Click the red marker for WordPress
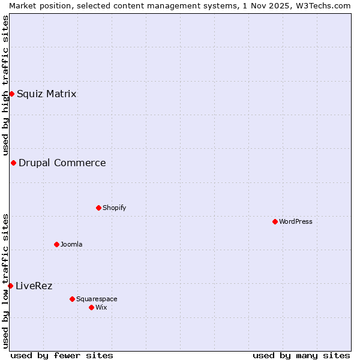tap(275, 221)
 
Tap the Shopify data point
tap(98, 208)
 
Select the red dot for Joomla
tap(56, 244)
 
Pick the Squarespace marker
tap(72, 299)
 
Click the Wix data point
tap(91, 307)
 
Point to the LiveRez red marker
tap(10, 286)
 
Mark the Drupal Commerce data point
tap(13, 163)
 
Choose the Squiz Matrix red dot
tap(11, 94)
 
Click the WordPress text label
tap(296, 221)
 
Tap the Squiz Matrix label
tap(47, 94)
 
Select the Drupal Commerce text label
tap(62, 163)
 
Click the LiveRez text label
tap(34, 286)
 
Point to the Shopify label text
tap(115, 208)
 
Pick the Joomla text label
tap(71, 244)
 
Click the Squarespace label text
tap(97, 299)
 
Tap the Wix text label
tap(101, 307)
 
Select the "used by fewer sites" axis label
tap(62, 355)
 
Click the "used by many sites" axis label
tap(301, 355)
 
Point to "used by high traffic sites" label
tap(5, 86)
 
